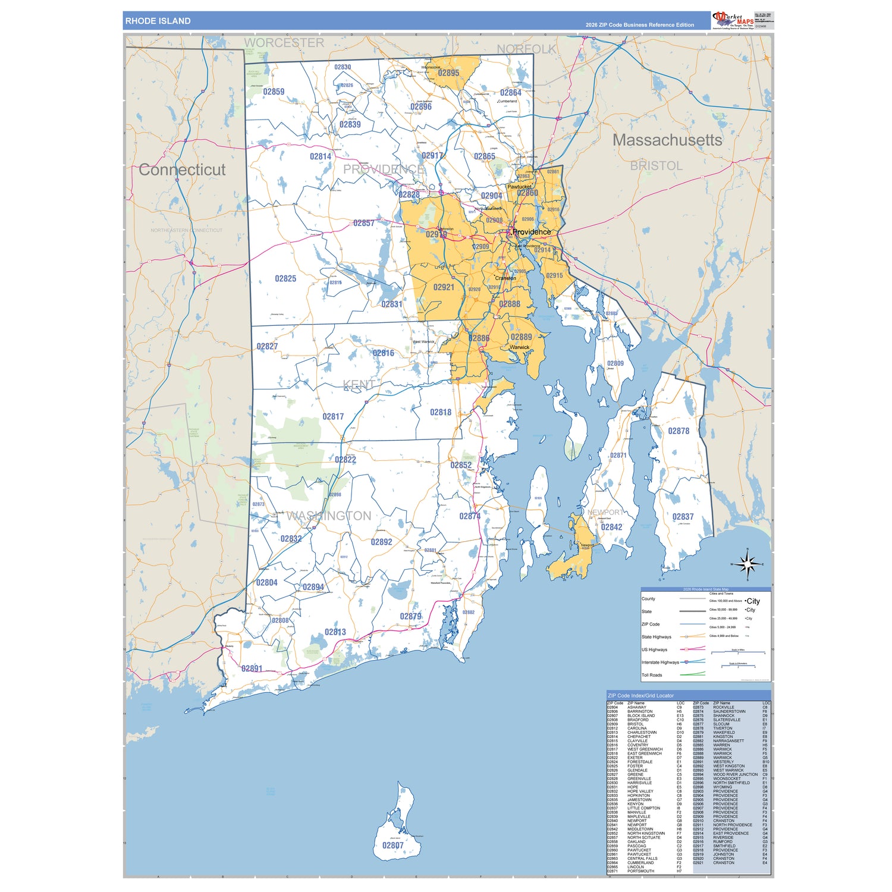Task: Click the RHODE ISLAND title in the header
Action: [158, 21]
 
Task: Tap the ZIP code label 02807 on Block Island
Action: [392, 845]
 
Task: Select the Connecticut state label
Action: [182, 169]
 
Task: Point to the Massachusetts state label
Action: [667, 140]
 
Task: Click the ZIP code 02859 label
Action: [274, 92]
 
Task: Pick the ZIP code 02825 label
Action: [285, 278]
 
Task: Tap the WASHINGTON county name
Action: [329, 516]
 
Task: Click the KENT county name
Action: [359, 385]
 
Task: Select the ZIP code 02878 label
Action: [679, 431]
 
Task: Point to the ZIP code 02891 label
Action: [252, 668]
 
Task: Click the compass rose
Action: [747, 563]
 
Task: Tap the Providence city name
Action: [531, 232]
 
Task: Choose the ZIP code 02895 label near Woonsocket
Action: [448, 73]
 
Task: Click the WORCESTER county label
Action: [284, 43]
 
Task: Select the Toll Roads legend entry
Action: [652, 675]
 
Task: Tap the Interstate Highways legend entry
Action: [660, 662]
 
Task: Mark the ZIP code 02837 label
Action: [683, 517]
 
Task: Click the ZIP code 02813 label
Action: [335, 632]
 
